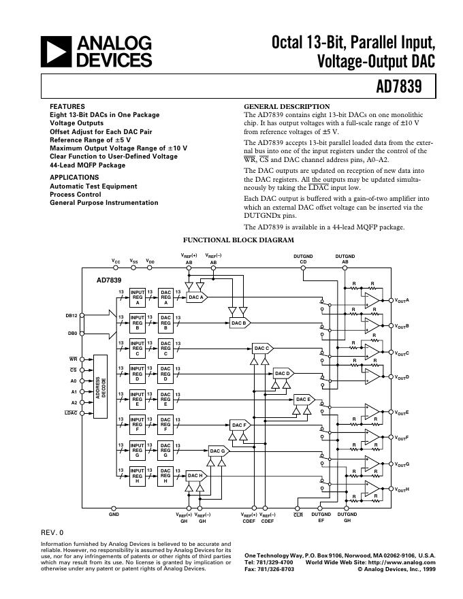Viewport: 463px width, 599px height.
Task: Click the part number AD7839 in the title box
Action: (398, 86)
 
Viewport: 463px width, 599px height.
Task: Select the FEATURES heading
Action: (67, 107)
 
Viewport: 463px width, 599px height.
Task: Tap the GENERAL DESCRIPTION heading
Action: (287, 107)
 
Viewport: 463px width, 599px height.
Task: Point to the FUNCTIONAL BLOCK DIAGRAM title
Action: (239, 240)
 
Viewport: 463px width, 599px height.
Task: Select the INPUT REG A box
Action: (138, 297)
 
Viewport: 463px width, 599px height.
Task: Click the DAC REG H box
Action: (165, 476)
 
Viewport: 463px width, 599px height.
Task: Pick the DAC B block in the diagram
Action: (238, 323)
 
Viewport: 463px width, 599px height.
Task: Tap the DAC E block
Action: (303, 400)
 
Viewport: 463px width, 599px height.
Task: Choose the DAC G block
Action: (217, 451)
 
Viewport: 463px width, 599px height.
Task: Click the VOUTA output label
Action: (402, 300)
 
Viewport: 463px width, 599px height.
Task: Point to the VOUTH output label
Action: (402, 489)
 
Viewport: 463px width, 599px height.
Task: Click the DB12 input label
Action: (71, 315)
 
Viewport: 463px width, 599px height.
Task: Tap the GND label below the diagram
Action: (114, 515)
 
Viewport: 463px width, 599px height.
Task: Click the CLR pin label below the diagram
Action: (298, 515)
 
